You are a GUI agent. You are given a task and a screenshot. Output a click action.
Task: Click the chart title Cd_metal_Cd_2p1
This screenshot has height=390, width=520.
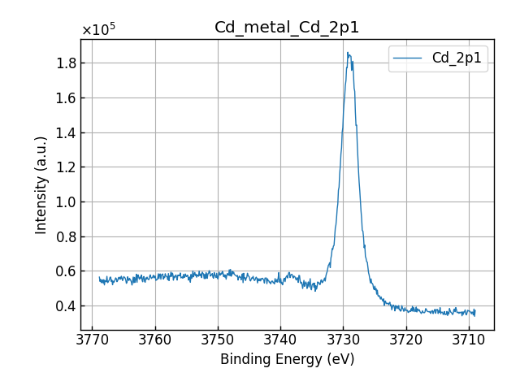[x=287, y=28]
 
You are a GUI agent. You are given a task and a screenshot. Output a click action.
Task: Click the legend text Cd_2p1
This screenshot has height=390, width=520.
[x=456, y=58]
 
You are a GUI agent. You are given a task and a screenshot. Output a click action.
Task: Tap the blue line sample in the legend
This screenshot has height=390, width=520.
[x=409, y=58]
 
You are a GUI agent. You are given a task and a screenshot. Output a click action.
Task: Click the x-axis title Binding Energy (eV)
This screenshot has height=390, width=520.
[x=287, y=359]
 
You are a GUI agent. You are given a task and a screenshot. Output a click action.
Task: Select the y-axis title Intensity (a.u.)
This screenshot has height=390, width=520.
[x=41, y=184]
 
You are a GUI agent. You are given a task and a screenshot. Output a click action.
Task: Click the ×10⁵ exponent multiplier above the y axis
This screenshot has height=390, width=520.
[x=98, y=30]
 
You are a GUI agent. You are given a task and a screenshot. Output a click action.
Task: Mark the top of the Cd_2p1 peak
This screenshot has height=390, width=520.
[x=348, y=54]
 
